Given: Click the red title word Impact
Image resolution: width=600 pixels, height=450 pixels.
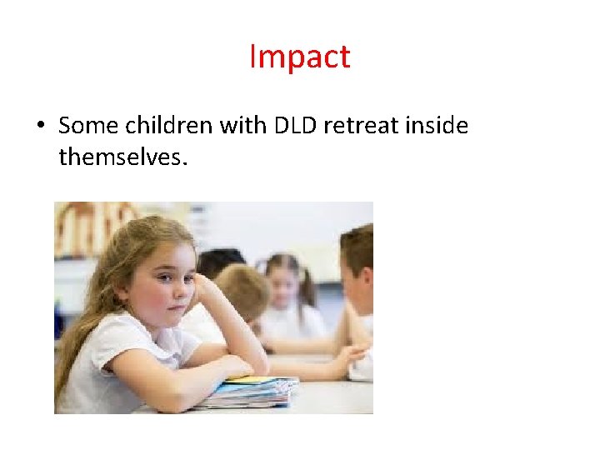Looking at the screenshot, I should (299, 57).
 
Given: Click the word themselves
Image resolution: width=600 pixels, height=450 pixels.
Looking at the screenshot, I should (123, 155).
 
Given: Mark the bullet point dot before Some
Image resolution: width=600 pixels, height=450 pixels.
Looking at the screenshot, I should (39, 127).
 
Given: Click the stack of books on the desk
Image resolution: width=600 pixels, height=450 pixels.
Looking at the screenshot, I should (250, 392).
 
